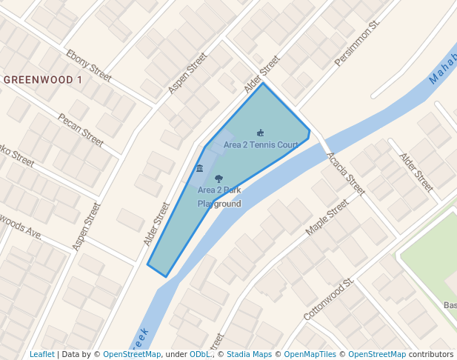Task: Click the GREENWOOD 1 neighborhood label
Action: click(x=42, y=79)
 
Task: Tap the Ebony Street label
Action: click(x=89, y=66)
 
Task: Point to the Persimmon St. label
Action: click(x=357, y=44)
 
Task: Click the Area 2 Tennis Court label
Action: click(x=261, y=144)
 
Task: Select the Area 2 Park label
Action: click(x=219, y=190)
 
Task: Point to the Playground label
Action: click(x=219, y=203)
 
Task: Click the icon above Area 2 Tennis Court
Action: click(x=260, y=133)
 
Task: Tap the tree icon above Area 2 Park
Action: click(x=219, y=179)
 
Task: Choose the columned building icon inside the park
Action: click(x=199, y=169)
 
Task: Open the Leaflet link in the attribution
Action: click(x=42, y=354)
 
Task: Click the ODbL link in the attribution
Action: click(x=200, y=354)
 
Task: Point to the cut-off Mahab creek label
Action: click(x=442, y=69)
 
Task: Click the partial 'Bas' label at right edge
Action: click(x=450, y=304)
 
